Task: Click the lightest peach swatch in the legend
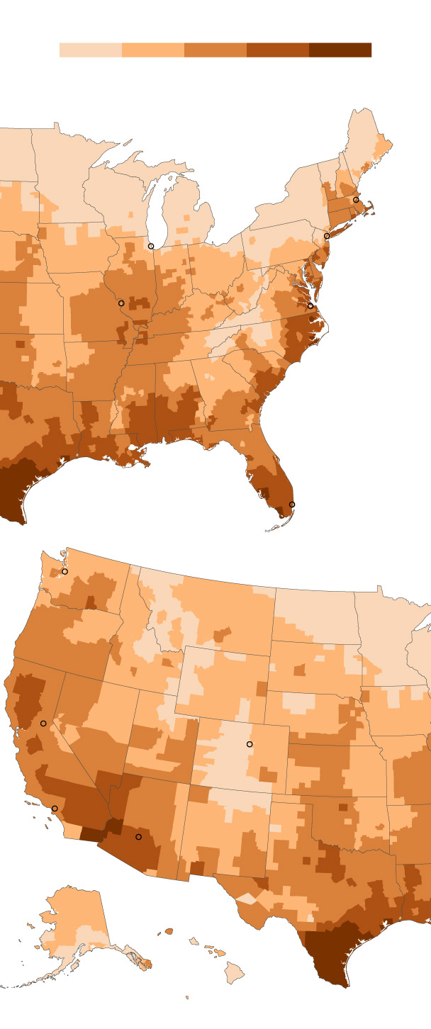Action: tap(91, 50)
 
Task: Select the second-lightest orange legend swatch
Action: tap(153, 50)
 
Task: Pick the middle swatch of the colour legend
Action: tap(216, 50)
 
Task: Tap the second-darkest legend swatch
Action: tap(278, 50)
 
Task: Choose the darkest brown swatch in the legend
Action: tap(340, 50)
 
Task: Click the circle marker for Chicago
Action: tap(151, 246)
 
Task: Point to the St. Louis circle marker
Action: tap(121, 303)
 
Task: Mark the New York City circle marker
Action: tap(327, 236)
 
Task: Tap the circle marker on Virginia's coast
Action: tap(310, 306)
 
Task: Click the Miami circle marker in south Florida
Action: tap(292, 505)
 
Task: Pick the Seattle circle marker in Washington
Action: tap(65, 571)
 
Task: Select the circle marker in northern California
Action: tap(43, 724)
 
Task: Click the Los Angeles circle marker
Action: tap(55, 809)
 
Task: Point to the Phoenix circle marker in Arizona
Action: tap(139, 837)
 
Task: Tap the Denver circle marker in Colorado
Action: tap(250, 744)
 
